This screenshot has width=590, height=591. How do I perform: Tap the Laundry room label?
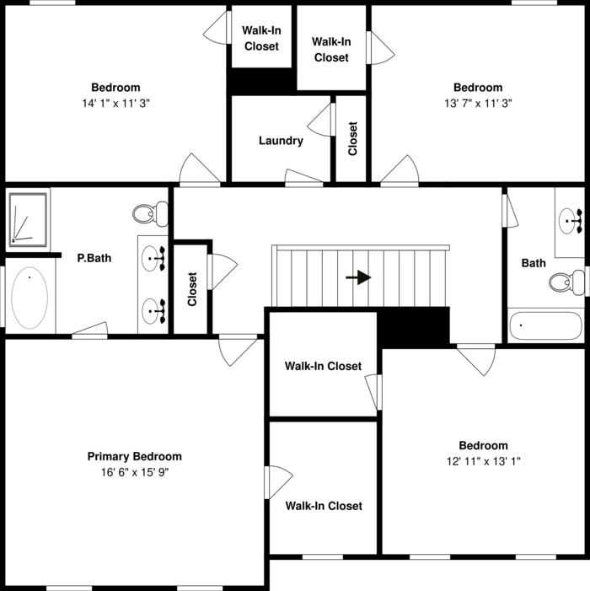(x=281, y=141)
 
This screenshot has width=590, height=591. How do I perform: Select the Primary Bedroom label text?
(x=134, y=456)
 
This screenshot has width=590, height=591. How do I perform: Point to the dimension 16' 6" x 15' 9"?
(x=134, y=473)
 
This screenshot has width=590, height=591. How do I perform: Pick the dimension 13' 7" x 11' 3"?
(x=478, y=103)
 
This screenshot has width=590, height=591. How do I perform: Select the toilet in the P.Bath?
(x=153, y=213)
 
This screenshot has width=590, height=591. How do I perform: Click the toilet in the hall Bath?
(x=564, y=281)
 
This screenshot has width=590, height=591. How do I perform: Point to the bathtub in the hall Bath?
(x=544, y=325)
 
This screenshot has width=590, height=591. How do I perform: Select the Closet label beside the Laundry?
(x=352, y=139)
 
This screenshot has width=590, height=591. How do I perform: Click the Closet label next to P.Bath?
(x=191, y=288)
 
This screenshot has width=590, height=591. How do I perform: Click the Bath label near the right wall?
(x=534, y=263)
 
